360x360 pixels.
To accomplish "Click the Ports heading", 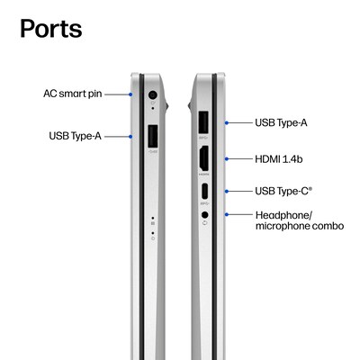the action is (51, 29).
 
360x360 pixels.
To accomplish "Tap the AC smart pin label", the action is (73, 94).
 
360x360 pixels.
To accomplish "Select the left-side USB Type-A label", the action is (75, 136).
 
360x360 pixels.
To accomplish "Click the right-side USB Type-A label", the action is (281, 122).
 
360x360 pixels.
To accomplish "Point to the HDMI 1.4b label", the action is (279, 159).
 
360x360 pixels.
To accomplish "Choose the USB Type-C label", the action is (283, 191).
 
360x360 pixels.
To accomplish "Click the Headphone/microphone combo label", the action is (300, 220).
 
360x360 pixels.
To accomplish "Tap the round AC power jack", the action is (153, 95).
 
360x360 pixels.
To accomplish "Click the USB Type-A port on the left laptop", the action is (153, 137).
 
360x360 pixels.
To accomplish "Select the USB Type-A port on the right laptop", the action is (203, 122).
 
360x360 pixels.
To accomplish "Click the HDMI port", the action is (204, 158).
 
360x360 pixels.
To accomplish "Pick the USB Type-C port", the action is (204, 191).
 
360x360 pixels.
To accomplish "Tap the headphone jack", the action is (205, 215).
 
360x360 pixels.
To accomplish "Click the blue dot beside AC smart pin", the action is (130, 94).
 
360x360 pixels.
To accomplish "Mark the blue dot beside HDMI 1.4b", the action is (227, 159).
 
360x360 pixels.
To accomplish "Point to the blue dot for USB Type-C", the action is (227, 191).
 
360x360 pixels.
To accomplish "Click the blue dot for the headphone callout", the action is (227, 214).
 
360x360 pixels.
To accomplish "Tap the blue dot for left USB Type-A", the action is (130, 137).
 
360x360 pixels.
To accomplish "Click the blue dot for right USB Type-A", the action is (227, 122).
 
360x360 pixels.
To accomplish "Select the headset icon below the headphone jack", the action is (205, 223).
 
